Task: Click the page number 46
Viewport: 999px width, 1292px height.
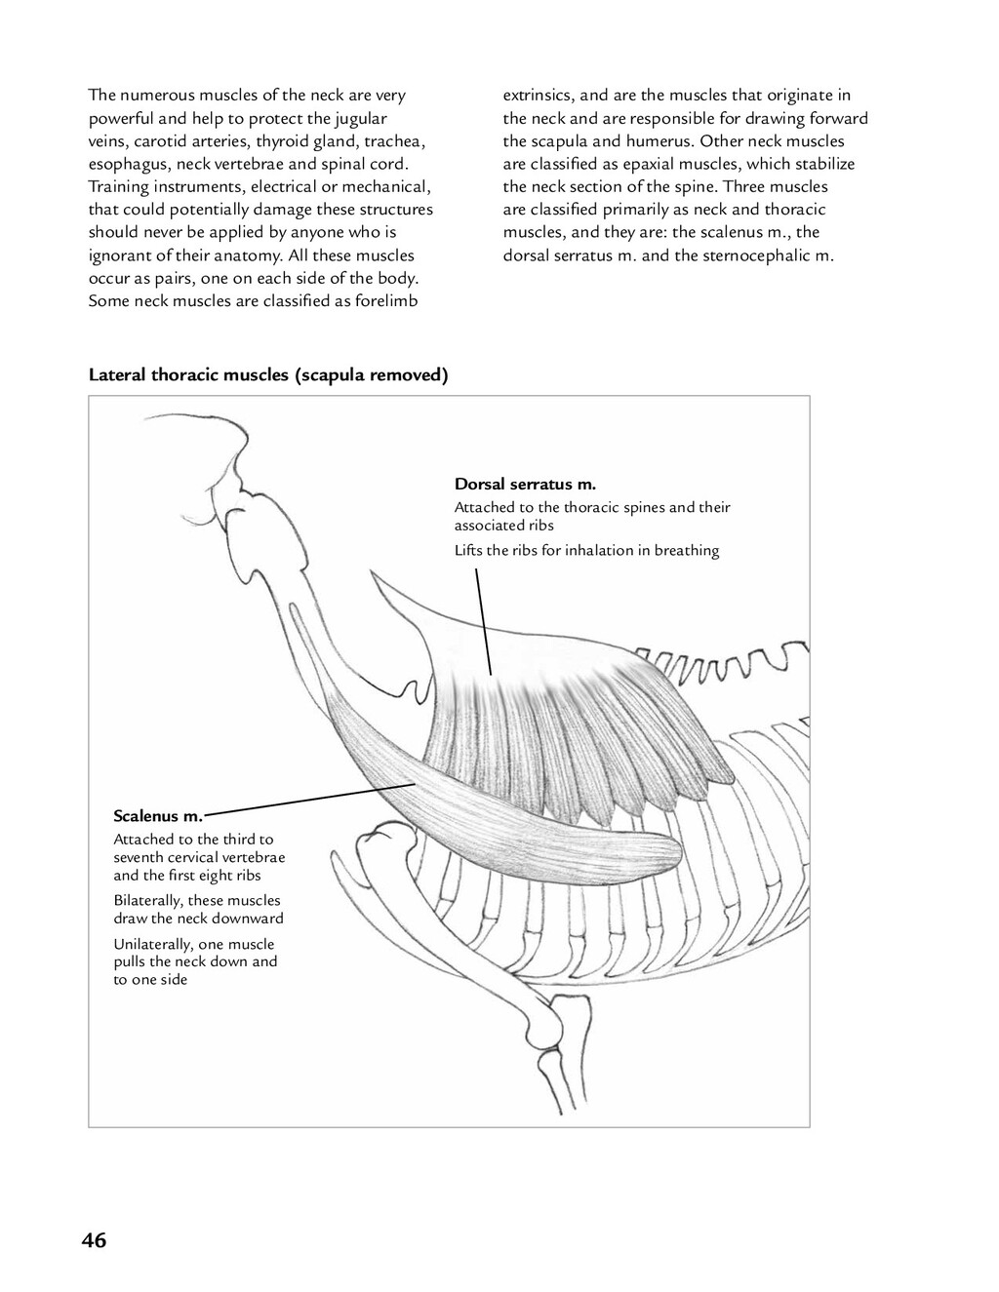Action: [95, 1240]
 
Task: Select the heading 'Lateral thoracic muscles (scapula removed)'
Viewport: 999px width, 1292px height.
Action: [268, 375]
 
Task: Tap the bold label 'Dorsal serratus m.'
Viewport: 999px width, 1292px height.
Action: [525, 484]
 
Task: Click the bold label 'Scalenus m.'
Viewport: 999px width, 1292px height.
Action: [158, 815]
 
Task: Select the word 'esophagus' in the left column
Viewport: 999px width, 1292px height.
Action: [122, 164]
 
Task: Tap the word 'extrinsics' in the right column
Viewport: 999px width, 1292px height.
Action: [539, 96]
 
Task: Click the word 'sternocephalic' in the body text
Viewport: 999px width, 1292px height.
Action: [761, 255]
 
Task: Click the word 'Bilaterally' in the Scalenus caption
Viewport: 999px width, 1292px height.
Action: [146, 901]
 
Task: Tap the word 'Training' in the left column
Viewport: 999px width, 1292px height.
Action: [118, 187]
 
